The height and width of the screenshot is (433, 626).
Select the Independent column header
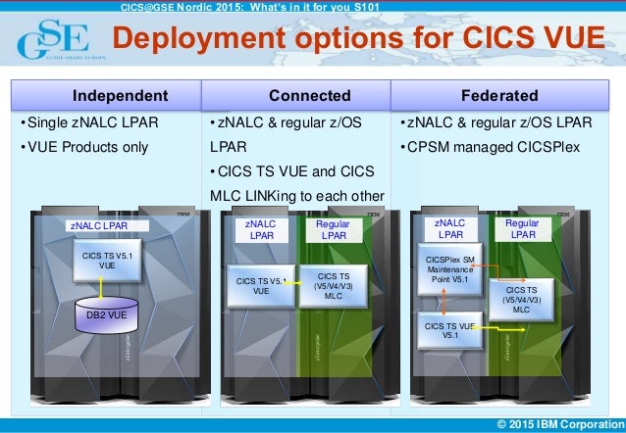click(106, 95)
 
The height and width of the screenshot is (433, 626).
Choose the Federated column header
click(504, 95)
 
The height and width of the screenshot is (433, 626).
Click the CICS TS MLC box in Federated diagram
click(521, 299)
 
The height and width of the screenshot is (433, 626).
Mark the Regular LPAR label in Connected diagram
click(334, 230)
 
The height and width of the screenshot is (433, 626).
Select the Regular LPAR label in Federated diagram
click(521, 230)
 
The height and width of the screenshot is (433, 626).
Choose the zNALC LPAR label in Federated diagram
click(450, 230)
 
